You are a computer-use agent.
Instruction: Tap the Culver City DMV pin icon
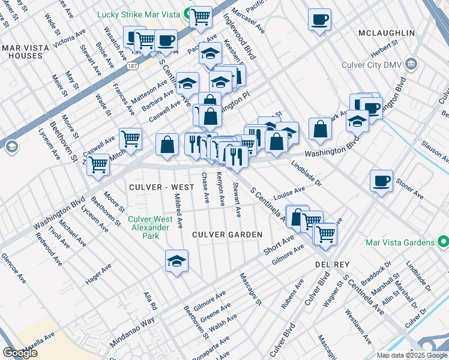[x=411, y=63]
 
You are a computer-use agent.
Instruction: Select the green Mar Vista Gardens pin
[x=443, y=242]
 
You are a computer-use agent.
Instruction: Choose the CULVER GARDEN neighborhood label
[x=228, y=234]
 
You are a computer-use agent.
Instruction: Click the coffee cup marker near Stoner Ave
[x=381, y=181]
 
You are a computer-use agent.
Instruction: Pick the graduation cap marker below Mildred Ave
[x=176, y=262]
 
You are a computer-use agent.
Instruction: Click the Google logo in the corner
[x=20, y=353]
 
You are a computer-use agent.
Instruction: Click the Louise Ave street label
[x=289, y=194]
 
